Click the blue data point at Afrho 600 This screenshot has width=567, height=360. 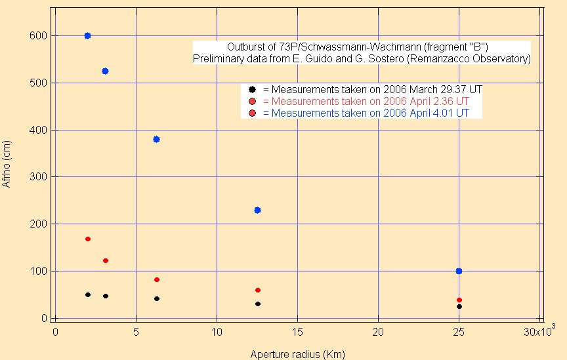(x=87, y=35)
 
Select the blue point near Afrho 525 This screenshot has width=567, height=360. (x=105, y=71)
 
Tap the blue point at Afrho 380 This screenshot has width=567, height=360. (x=156, y=139)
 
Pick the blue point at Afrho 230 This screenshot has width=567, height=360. (x=257, y=210)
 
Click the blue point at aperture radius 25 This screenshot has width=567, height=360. (x=459, y=271)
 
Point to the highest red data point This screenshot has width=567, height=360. (x=87, y=239)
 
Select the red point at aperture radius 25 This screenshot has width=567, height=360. (x=459, y=300)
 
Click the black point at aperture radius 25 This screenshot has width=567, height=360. (x=459, y=306)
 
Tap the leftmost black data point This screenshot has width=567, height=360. (x=87, y=294)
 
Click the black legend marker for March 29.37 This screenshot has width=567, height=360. (x=252, y=89)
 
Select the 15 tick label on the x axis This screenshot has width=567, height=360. (x=297, y=332)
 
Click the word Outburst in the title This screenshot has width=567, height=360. (x=245, y=47)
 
